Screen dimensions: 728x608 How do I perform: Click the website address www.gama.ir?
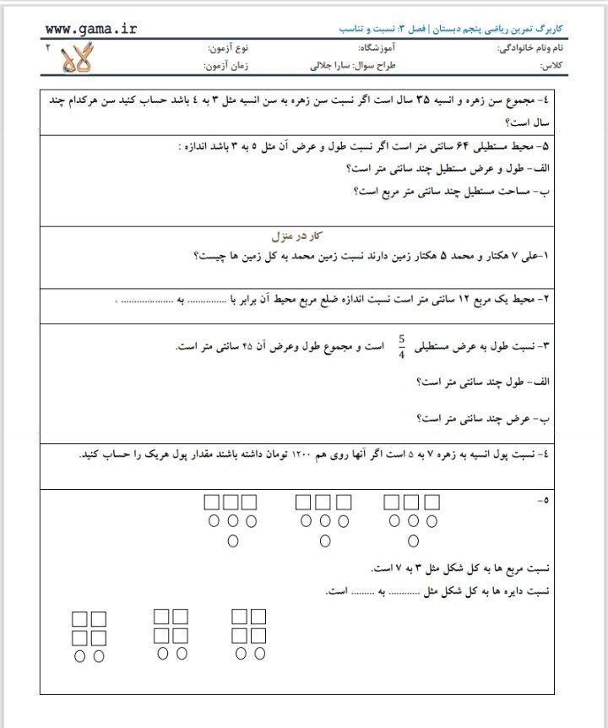[90, 30]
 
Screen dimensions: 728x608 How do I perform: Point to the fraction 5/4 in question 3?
[402, 346]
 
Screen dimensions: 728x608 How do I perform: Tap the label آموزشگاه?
[385, 49]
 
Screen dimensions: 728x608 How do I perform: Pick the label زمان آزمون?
[225, 65]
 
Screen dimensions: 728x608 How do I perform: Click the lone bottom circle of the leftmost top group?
[233, 541]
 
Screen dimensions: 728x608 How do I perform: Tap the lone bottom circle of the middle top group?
[324, 541]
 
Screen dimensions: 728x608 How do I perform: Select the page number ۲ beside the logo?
[47, 49]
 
